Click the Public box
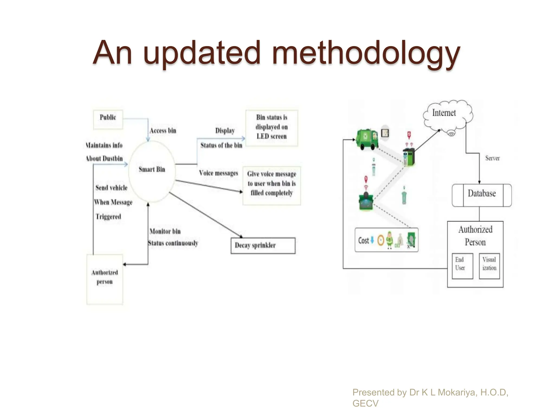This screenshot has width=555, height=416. tap(108, 119)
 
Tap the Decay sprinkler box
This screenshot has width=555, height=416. tap(263, 246)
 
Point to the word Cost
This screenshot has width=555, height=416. tap(363, 240)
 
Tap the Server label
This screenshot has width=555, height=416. tap(492, 158)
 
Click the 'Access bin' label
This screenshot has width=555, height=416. tap(163, 131)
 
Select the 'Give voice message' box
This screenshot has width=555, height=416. tap(272, 185)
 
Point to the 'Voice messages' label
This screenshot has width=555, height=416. tap(218, 173)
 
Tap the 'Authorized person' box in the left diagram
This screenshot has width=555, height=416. tap(105, 279)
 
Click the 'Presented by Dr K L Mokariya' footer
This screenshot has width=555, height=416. tap(430, 392)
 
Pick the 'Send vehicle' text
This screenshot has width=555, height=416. tap(111, 188)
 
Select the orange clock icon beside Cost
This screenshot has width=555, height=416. tap(381, 240)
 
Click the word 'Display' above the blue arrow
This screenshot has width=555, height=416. tap(225, 131)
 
